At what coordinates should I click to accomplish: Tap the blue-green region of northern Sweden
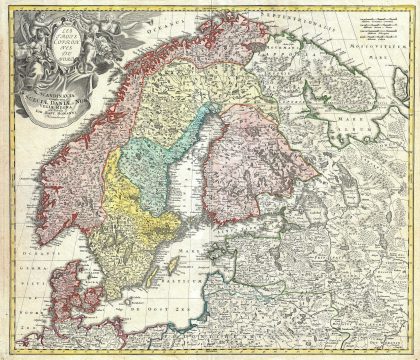click(150, 160)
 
